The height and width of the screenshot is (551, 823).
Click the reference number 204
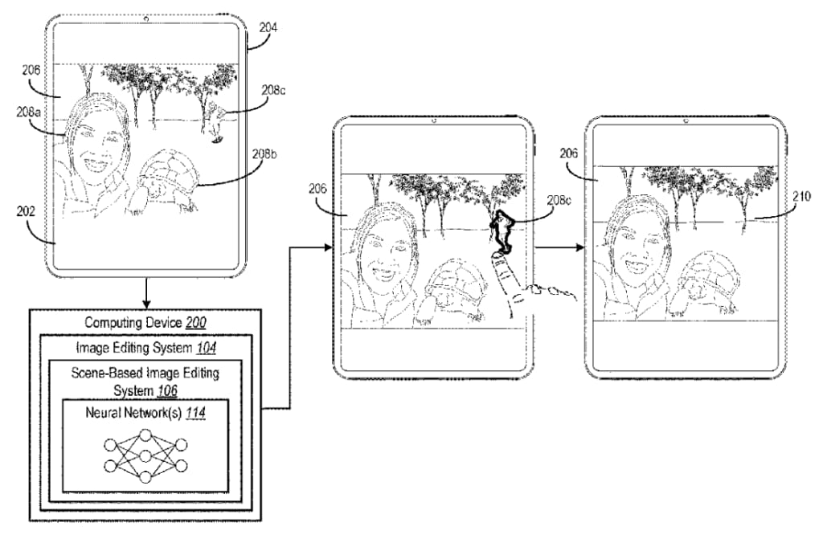[x=268, y=27]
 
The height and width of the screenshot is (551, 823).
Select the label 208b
[x=266, y=153]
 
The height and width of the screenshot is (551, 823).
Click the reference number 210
[x=803, y=195]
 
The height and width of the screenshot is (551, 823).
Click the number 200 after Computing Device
[x=195, y=322]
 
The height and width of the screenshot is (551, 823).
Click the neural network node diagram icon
[x=145, y=455]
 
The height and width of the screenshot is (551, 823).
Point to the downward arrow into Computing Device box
[x=145, y=300]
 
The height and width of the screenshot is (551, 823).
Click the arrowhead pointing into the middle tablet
[x=327, y=247]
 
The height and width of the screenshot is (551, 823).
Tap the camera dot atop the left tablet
[x=145, y=17]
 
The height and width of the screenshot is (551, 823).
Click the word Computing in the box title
[x=112, y=322]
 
